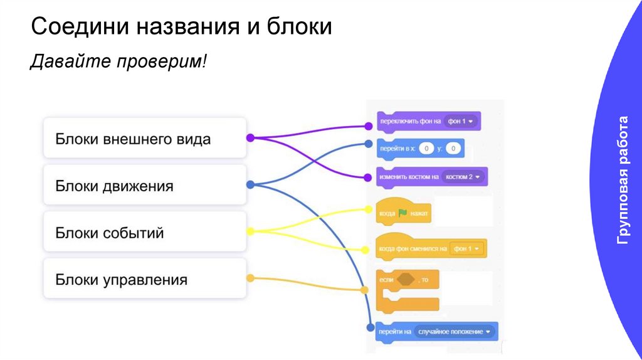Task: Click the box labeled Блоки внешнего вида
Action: tap(144, 138)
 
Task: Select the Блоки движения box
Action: tap(144, 185)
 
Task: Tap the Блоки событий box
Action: tap(144, 233)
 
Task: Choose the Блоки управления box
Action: tap(144, 279)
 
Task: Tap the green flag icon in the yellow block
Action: tap(403, 213)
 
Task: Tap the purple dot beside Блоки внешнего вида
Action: tap(250, 138)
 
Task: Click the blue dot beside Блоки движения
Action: tap(250, 185)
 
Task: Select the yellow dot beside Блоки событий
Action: tap(250, 232)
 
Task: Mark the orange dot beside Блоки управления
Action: tap(250, 278)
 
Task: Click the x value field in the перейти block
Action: tap(426, 149)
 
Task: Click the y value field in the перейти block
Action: tap(455, 149)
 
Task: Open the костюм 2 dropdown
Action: tap(464, 177)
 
